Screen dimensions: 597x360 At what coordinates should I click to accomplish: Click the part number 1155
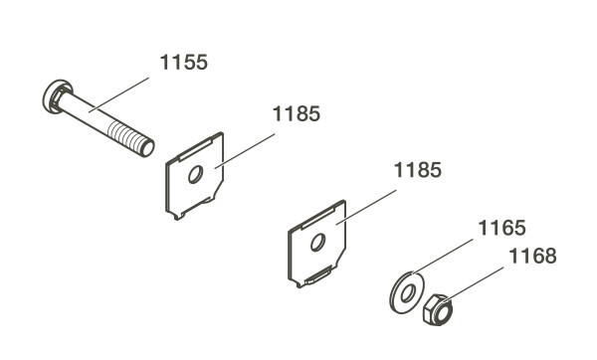[x=183, y=63]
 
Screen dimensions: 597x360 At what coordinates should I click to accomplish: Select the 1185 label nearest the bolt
[x=297, y=114]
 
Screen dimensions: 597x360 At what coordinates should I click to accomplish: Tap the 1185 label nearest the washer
[x=418, y=170]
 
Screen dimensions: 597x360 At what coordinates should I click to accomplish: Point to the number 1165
[x=501, y=229]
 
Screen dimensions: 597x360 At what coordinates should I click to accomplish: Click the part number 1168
[x=532, y=257]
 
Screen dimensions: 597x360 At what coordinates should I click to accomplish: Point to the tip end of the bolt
[x=147, y=148]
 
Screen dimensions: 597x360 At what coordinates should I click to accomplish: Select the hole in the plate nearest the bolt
[x=195, y=175]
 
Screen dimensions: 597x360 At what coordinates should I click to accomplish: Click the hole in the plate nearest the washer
[x=317, y=243]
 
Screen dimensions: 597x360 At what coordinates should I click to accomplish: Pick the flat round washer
[x=407, y=292]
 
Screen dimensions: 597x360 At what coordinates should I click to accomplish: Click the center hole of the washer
[x=407, y=294]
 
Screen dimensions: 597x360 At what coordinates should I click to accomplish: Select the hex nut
[x=438, y=309]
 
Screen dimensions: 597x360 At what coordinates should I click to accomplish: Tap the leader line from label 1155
[x=118, y=94]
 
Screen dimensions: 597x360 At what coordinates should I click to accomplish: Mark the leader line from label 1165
[x=443, y=257]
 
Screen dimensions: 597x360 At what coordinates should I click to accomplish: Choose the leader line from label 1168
[x=474, y=283]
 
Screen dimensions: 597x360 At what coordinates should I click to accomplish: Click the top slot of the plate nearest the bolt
[x=195, y=149]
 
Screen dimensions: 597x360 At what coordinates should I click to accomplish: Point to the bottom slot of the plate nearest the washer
[x=317, y=275]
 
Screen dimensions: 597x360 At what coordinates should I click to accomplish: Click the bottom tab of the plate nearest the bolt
[x=178, y=216]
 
